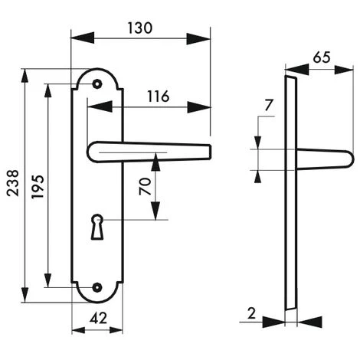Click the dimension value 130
click(140, 27)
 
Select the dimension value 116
click(157, 97)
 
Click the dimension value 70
click(145, 186)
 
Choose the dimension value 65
click(322, 57)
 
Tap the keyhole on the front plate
click(97, 227)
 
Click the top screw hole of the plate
click(97, 83)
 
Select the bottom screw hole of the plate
click(97, 287)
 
